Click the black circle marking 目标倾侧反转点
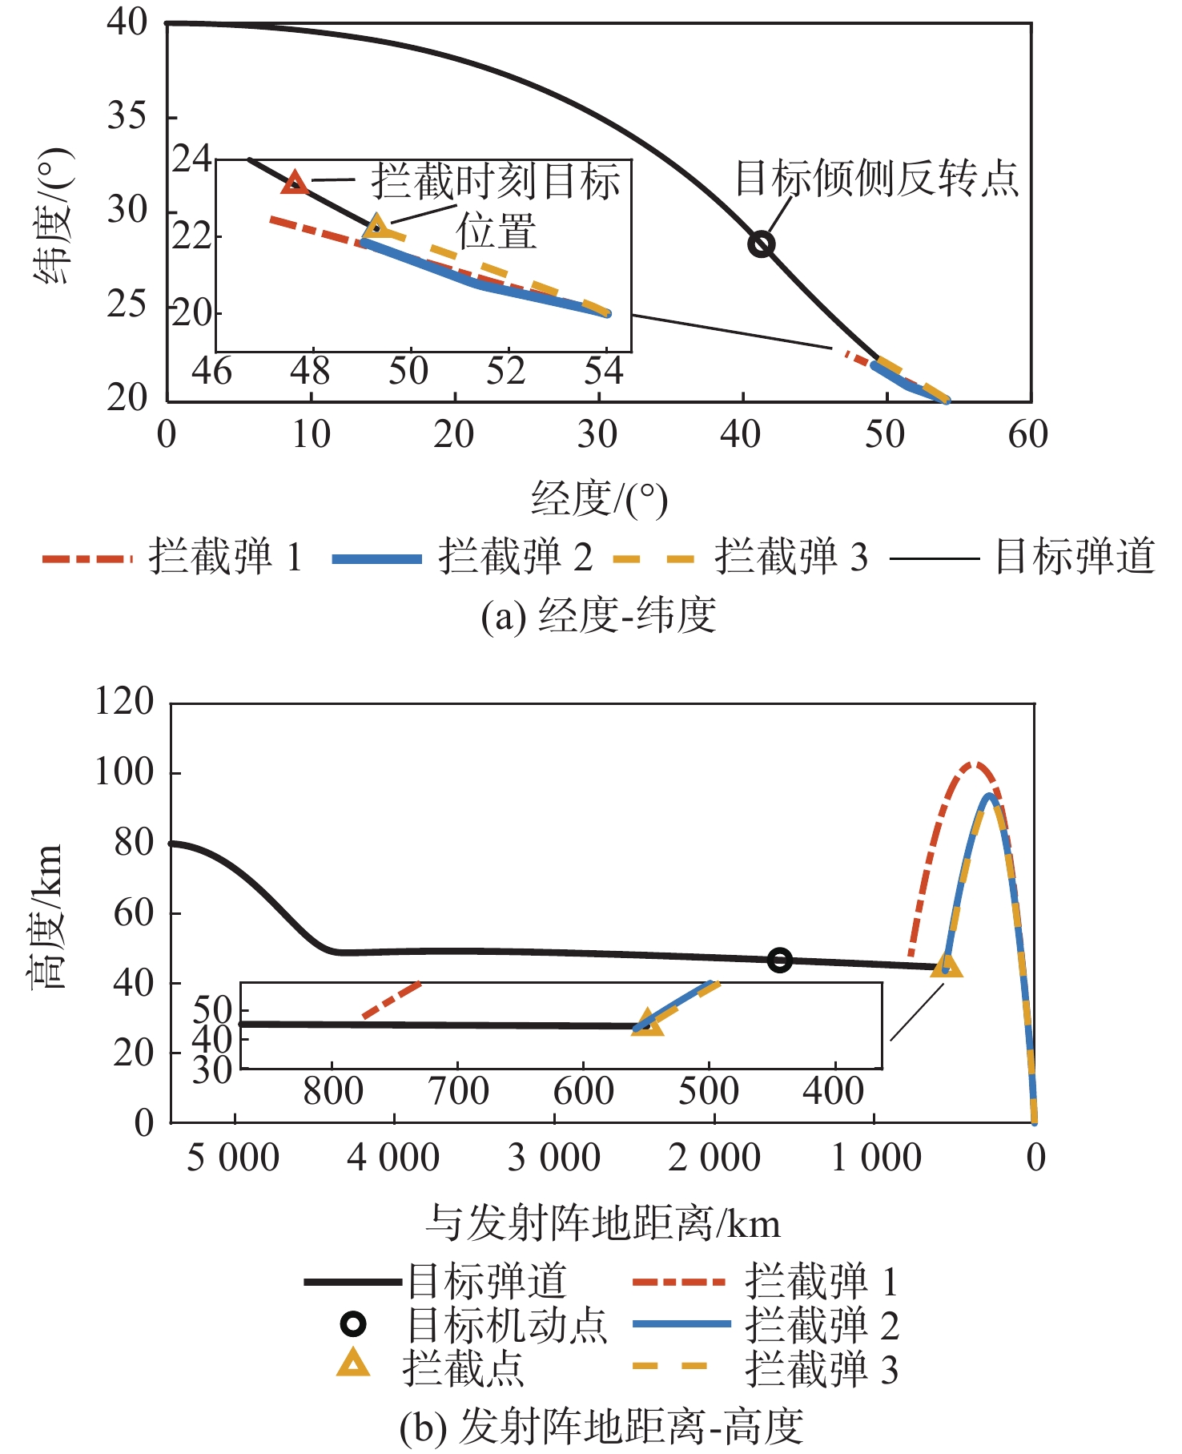[x=761, y=244]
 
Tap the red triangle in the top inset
[x=295, y=183]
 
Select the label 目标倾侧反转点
[x=877, y=179]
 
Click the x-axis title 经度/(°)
[x=599, y=500]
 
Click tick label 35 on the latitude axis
[x=127, y=117]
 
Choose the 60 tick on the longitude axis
[x=1028, y=435]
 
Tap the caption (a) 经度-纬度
[x=598, y=616]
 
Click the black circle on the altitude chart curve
[x=779, y=960]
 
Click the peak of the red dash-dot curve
[x=974, y=764]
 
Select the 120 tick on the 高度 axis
[x=124, y=702]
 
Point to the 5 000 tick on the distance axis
[x=233, y=1158]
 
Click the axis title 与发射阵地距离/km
[x=602, y=1224]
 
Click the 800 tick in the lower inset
[x=333, y=1092]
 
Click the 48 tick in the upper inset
[x=311, y=372]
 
